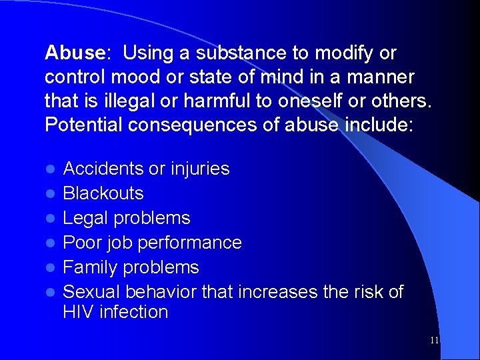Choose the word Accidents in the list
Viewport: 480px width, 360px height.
click(x=103, y=169)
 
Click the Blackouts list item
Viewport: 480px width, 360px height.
click(x=103, y=193)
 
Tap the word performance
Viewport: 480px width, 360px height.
click(x=189, y=243)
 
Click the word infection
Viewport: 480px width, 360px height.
click(x=135, y=311)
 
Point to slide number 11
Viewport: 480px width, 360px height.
click(x=435, y=340)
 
